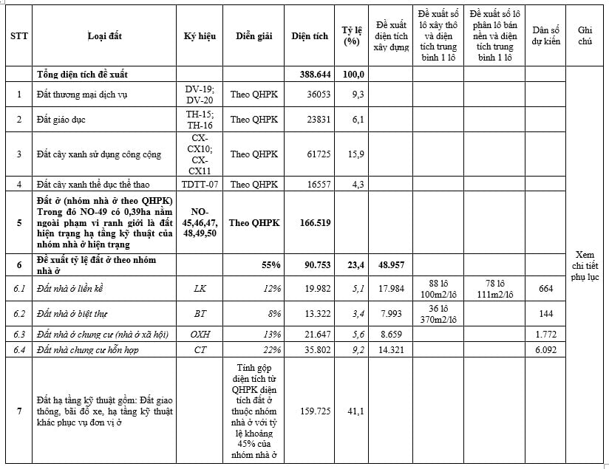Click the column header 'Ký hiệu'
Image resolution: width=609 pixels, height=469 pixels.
pyautogui.click(x=200, y=35)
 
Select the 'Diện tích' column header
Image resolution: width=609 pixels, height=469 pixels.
pyautogui.click(x=310, y=35)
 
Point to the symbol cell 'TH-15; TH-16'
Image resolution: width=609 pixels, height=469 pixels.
pyautogui.click(x=200, y=119)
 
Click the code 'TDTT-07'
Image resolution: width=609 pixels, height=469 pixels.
pyautogui.click(x=200, y=184)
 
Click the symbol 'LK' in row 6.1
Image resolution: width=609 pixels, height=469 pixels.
pyautogui.click(x=200, y=289)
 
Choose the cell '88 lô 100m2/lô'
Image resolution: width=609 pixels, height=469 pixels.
pyautogui.click(x=439, y=289)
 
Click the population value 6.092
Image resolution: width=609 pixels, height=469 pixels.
pyautogui.click(x=545, y=349)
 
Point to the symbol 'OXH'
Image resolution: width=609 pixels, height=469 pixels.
pyautogui.click(x=200, y=334)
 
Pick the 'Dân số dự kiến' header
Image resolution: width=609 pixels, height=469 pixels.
pyautogui.click(x=546, y=35)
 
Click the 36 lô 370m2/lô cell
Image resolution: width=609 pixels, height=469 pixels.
pyautogui.click(x=439, y=314)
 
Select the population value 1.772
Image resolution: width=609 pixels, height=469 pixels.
pyautogui.click(x=545, y=334)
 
